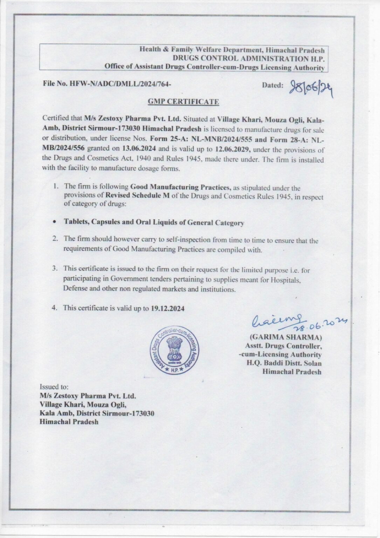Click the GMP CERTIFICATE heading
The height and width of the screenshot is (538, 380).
(184, 102)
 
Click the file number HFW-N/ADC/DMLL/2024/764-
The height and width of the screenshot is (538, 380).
(107, 84)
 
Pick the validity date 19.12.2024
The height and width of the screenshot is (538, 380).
(168, 308)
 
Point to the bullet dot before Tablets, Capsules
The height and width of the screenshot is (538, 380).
(54, 222)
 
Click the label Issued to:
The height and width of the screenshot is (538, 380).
(54, 387)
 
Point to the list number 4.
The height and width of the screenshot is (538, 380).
(55, 308)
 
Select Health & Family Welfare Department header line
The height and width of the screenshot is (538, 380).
(232, 50)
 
